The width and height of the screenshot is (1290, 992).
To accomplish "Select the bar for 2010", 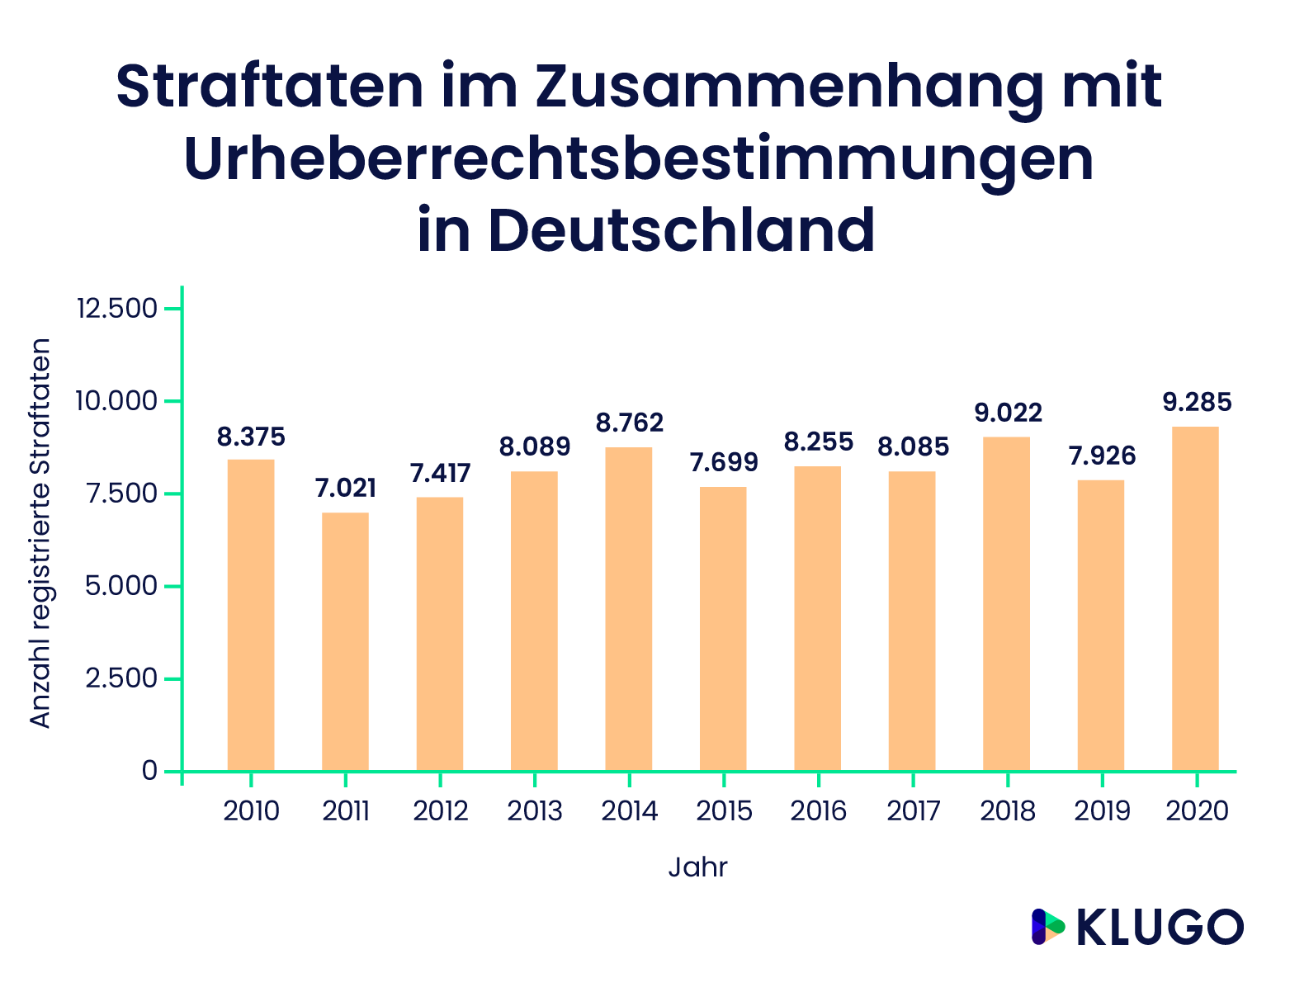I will (251, 615).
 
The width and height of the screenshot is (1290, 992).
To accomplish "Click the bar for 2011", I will (345, 641).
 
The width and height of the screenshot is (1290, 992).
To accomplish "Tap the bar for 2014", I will (628, 609).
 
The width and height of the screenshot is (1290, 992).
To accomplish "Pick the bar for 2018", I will (1006, 603).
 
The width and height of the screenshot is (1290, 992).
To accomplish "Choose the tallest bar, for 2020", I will (1195, 598).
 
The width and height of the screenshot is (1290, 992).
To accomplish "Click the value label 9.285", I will (1197, 403).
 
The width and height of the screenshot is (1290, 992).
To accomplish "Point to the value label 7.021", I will (345, 489).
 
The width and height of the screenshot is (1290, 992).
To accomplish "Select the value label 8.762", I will (629, 423).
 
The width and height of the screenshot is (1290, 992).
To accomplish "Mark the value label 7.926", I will (1102, 456).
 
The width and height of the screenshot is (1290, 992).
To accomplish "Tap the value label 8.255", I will (818, 442).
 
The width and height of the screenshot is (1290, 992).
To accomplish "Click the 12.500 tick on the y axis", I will (116, 309).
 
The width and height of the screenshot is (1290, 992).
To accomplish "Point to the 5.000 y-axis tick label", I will (116, 587).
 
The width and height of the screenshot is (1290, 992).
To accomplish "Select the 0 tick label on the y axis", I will (149, 771).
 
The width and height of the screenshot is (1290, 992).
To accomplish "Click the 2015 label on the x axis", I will (724, 811).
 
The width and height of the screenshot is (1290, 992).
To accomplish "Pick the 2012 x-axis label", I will (440, 811).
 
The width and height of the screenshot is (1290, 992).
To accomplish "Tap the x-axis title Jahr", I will (697, 867).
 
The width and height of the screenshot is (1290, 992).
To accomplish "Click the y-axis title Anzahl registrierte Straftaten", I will (40, 533).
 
